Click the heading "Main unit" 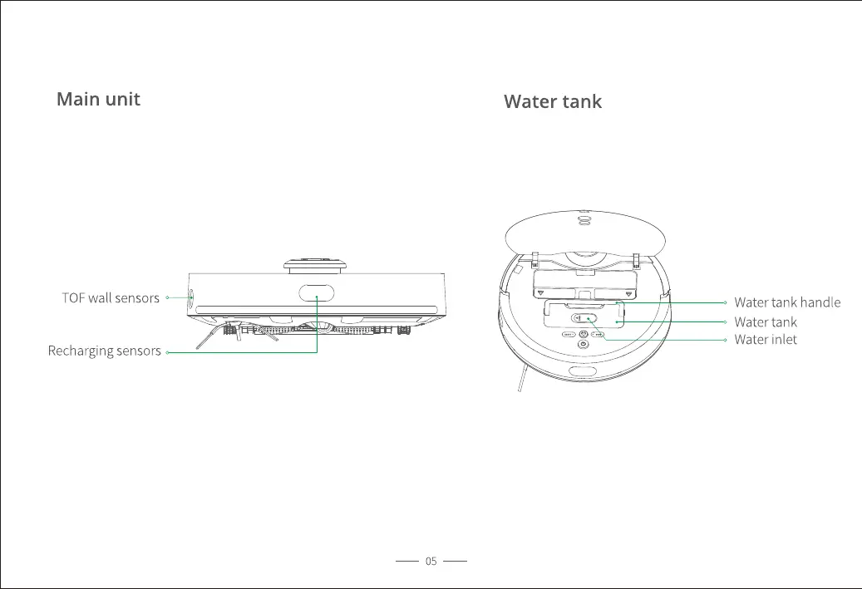tap(98, 100)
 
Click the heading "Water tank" tap(553, 102)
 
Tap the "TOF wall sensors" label tap(111, 297)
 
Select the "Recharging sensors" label tap(104, 351)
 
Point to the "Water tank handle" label tap(786, 302)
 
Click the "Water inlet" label tap(765, 339)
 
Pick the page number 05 tap(431, 562)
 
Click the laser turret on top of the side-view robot tap(316, 263)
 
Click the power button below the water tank tap(583, 343)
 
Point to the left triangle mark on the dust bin tap(541, 293)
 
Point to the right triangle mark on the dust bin tap(627, 293)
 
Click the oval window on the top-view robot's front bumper tap(585, 370)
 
